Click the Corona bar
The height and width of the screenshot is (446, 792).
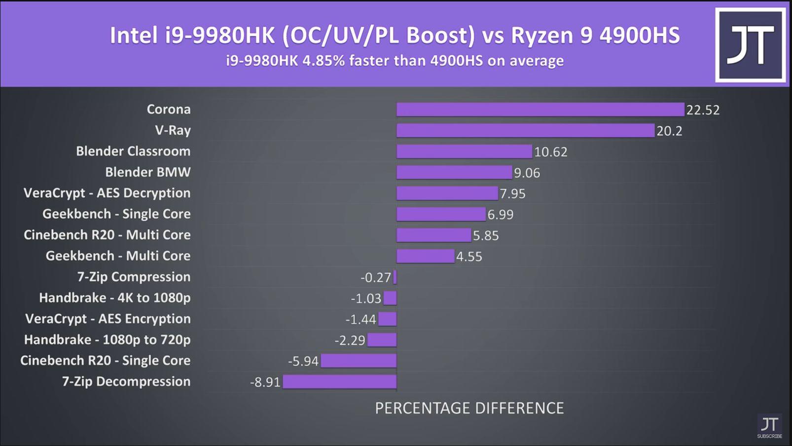coord(540,110)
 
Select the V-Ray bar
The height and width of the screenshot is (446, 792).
coord(525,131)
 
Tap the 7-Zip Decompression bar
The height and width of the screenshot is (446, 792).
coord(339,382)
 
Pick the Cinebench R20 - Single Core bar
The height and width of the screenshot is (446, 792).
coord(359,361)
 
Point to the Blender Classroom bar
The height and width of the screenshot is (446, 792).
coord(464,151)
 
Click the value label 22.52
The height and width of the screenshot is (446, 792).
coord(703,110)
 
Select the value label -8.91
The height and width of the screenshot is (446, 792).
coord(265,382)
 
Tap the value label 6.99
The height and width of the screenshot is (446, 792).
coord(500,215)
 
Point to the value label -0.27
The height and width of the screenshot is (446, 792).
coord(375,278)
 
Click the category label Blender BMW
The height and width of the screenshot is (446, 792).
coord(147,172)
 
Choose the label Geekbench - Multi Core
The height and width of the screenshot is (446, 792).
coord(118,256)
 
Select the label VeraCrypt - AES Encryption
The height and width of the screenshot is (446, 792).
coord(108,319)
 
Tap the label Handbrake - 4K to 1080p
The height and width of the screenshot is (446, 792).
coord(114,298)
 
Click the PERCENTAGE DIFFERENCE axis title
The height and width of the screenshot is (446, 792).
coord(469,408)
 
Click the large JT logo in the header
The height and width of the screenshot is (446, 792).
coord(750,45)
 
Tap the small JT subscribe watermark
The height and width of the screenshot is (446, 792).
coord(769,426)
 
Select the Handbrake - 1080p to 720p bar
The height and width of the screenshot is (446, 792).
coord(382,340)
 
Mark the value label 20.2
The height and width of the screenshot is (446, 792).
coord(669,131)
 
